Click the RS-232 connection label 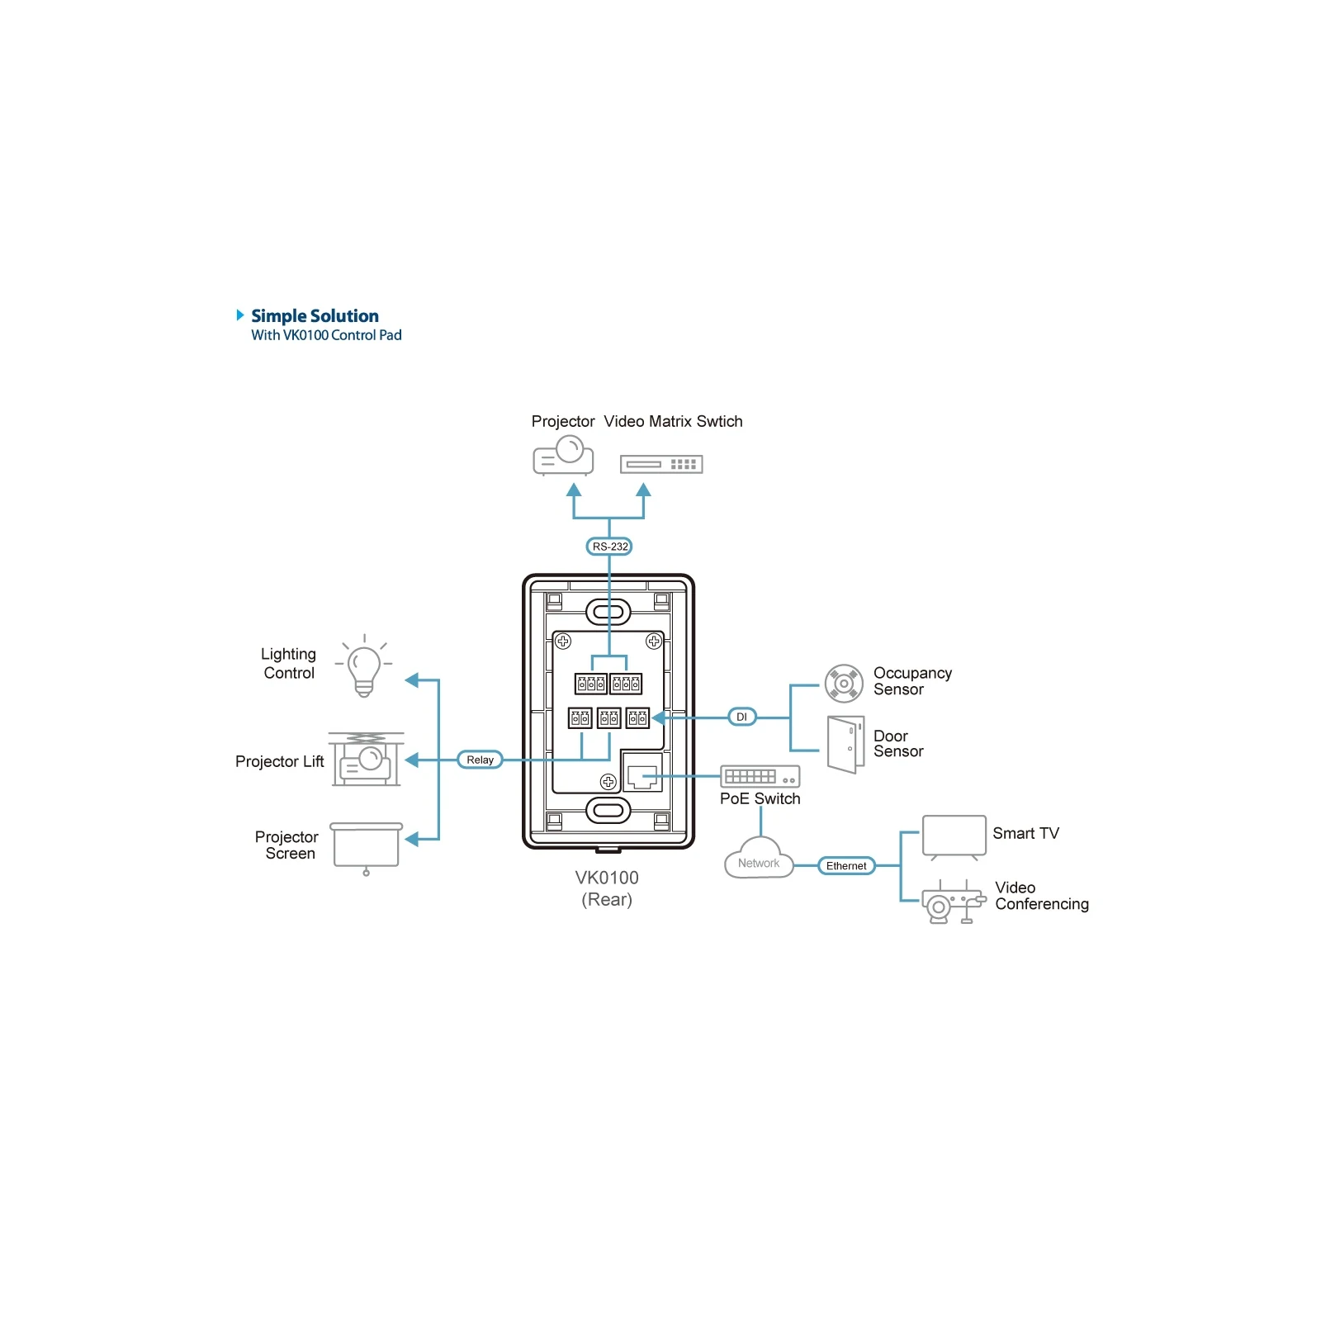(609, 547)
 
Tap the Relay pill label (480, 760)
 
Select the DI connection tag (741, 717)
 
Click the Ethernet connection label (846, 866)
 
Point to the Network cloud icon (759, 859)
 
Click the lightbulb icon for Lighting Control (364, 667)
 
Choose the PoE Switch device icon (760, 776)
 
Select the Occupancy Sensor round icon (844, 684)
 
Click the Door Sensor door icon (845, 744)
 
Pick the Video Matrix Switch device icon (661, 465)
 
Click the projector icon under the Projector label (563, 456)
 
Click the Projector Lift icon (367, 759)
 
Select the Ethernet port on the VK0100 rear (642, 774)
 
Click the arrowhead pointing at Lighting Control (412, 680)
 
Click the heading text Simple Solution (315, 316)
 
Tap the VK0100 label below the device (607, 878)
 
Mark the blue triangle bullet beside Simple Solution (240, 315)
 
